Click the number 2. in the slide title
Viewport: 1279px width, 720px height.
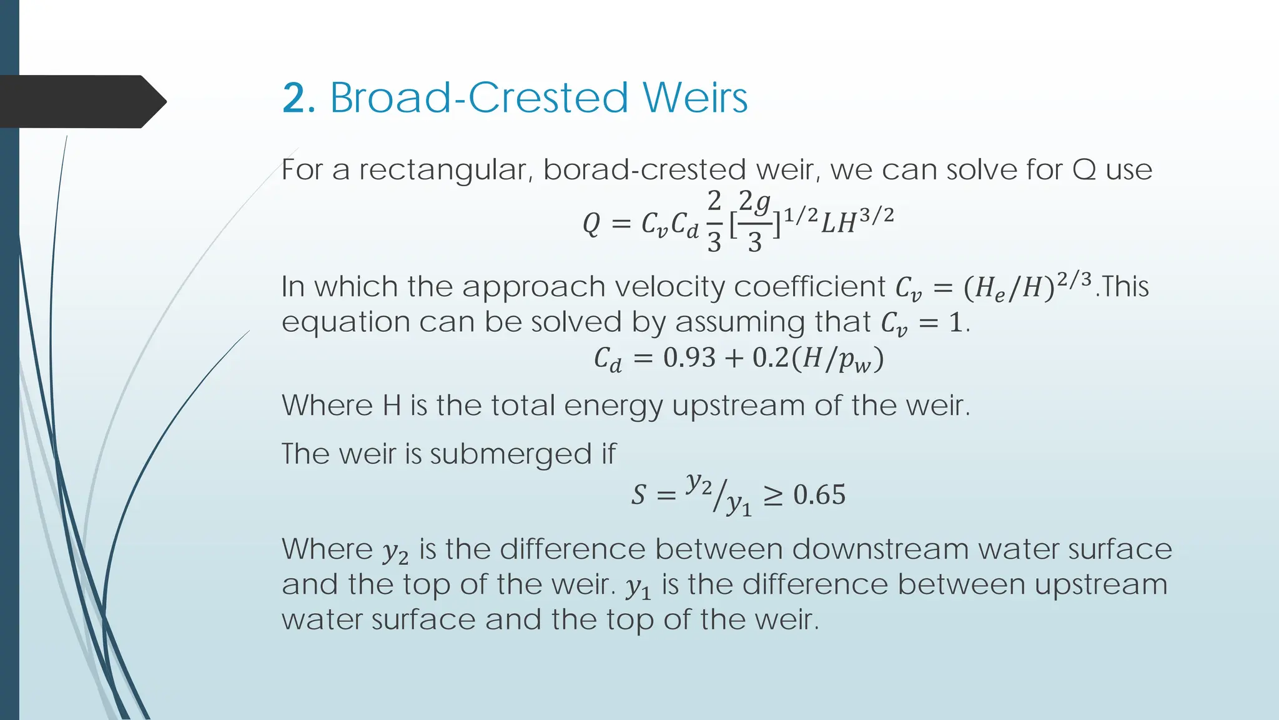[298, 98]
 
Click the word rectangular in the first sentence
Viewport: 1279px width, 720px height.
[445, 171]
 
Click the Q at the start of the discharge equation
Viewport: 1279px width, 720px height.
[591, 224]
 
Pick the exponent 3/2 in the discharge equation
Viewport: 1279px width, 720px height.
[876, 216]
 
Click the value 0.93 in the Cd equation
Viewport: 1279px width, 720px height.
[689, 357]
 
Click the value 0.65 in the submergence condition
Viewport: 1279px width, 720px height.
[819, 495]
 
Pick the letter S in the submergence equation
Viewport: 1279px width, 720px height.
[638, 495]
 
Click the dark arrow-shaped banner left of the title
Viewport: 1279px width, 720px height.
[81, 101]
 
